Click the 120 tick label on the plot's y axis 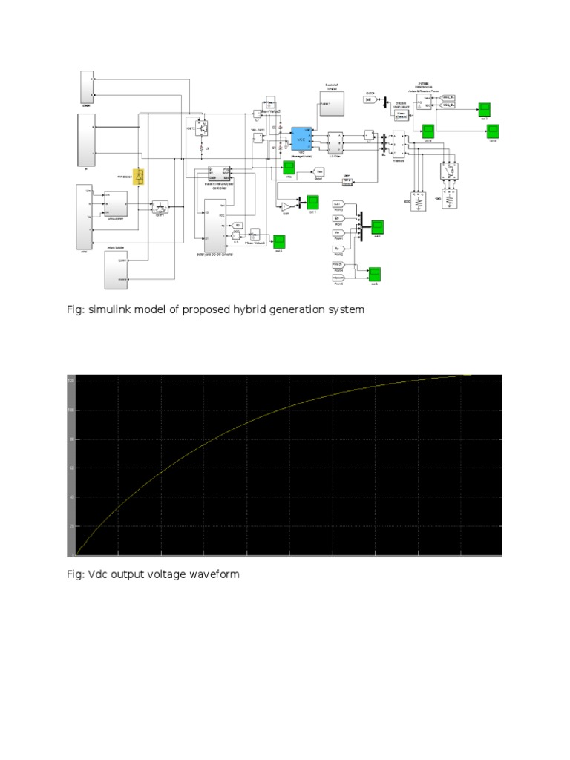coord(71,381)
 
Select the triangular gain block coord(286,207)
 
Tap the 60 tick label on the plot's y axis coord(72,468)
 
